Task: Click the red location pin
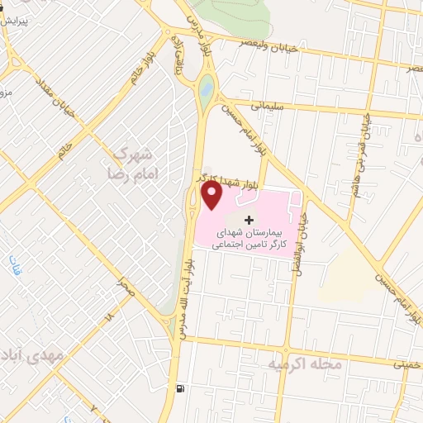click(212, 195)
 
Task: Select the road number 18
click(107, 317)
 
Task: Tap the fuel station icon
click(180, 388)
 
